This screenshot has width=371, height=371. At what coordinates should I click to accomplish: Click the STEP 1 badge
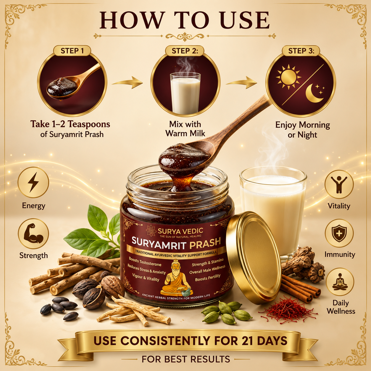point(72,51)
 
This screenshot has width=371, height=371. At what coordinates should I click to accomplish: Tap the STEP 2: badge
point(185,51)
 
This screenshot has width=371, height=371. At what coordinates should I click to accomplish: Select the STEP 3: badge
point(301,51)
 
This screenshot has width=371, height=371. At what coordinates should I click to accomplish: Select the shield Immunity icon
point(339,234)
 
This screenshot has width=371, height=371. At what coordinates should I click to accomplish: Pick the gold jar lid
point(254,257)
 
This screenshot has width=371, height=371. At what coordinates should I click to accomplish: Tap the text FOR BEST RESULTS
point(186,359)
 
